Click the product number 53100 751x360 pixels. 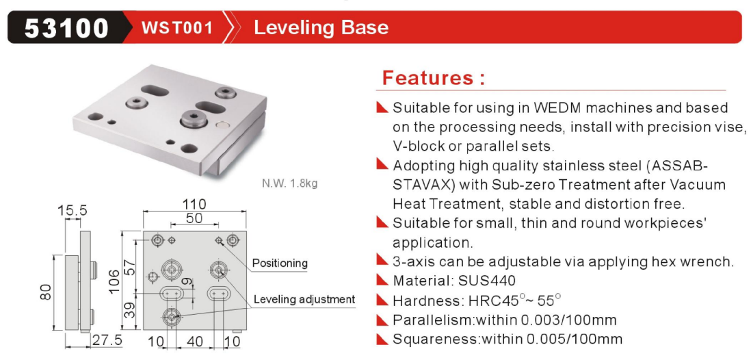[x=66, y=28]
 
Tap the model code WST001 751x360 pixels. [x=176, y=28]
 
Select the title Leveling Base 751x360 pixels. [x=321, y=28]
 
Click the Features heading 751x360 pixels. [x=434, y=77]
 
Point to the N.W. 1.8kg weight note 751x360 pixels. [x=289, y=183]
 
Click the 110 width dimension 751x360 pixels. [x=194, y=204]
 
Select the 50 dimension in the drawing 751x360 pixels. [x=194, y=218]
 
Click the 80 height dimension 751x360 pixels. [x=46, y=292]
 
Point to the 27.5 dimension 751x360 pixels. [x=107, y=341]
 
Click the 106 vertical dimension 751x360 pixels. [x=115, y=282]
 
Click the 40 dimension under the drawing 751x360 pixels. [x=194, y=342]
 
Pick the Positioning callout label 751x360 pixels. [x=280, y=263]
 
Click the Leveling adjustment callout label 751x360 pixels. [x=304, y=300]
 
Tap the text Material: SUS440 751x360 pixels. [x=454, y=281]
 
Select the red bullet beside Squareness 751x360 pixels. [x=382, y=338]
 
